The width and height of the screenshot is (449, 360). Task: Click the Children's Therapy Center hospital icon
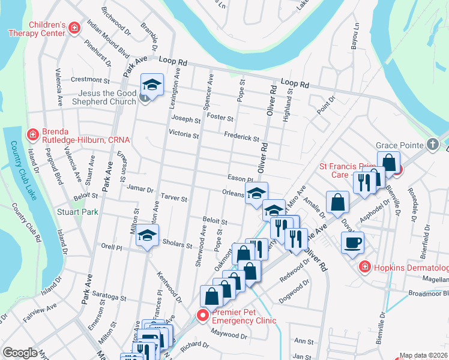(x=74, y=28)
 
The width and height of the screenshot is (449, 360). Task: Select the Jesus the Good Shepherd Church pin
(x=145, y=97)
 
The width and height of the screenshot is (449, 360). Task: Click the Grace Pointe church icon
(x=432, y=145)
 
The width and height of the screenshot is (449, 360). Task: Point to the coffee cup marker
(x=352, y=242)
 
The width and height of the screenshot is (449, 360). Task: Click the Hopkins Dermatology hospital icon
(x=364, y=267)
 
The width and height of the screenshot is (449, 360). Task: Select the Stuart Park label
(x=77, y=211)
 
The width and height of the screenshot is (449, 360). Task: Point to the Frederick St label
(x=241, y=137)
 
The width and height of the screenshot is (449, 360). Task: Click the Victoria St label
(x=184, y=134)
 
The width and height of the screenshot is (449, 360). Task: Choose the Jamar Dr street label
(x=140, y=188)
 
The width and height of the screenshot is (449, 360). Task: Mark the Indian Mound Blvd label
(x=108, y=38)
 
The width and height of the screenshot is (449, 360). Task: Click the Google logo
(x=20, y=353)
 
